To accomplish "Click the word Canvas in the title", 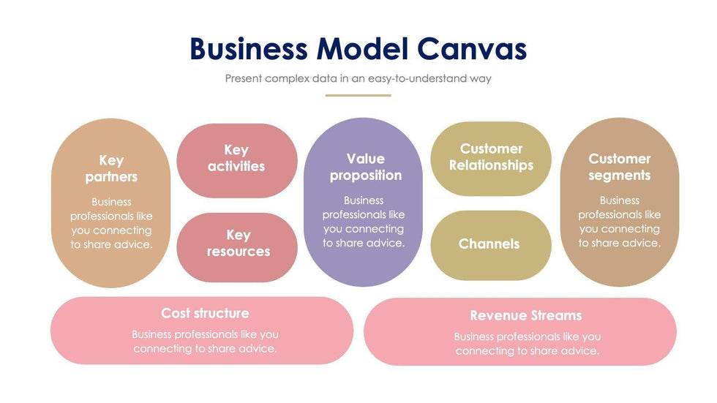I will click(x=472, y=49).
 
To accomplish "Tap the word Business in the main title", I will click(x=249, y=49).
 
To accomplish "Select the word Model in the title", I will click(x=362, y=49).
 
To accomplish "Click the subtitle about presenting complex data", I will click(x=358, y=78).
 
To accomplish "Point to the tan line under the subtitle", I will click(x=358, y=95).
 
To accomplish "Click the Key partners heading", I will click(x=111, y=168).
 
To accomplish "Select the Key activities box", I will click(x=236, y=159).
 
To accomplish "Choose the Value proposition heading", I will click(x=365, y=167).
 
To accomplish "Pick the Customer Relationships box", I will click(x=491, y=157).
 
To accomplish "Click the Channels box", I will click(x=489, y=244).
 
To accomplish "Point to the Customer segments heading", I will click(x=620, y=167).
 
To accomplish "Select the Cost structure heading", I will click(x=205, y=313).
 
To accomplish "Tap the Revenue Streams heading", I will click(x=526, y=315).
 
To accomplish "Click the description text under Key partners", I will click(x=111, y=223).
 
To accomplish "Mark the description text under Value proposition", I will click(x=364, y=222).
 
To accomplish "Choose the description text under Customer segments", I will click(x=620, y=222).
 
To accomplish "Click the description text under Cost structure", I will click(x=205, y=342).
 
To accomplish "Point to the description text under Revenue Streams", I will click(x=527, y=344).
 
